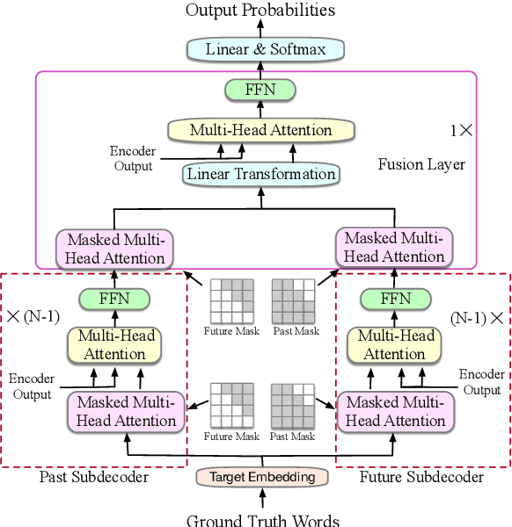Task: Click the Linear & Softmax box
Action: point(265,49)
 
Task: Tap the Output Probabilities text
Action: point(261,11)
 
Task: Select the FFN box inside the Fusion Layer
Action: point(260,90)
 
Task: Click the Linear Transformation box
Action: point(261,174)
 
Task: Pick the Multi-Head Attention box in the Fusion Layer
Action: point(261,130)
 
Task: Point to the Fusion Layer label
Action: point(421,164)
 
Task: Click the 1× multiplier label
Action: point(461,130)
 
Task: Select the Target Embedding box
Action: point(262,477)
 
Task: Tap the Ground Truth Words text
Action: point(262,519)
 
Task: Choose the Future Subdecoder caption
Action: point(421,477)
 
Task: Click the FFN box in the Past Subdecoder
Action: point(114,299)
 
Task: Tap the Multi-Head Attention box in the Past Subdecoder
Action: point(114,344)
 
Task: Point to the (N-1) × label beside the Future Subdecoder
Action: point(476,316)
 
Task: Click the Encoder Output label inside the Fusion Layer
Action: point(131,159)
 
